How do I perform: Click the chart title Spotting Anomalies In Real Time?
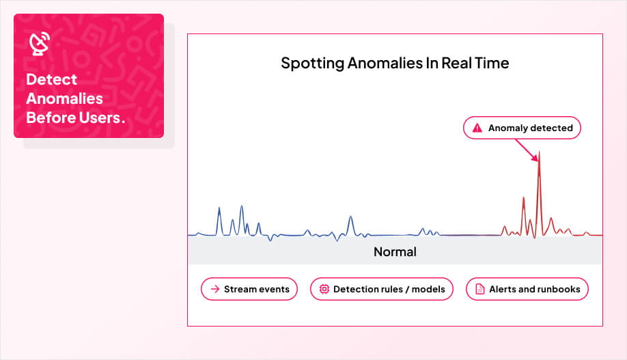[x=395, y=64]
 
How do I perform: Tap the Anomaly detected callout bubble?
[x=522, y=128]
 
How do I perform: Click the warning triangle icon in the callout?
[x=477, y=128]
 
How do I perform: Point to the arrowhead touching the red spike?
[x=536, y=158]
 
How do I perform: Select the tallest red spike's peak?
[x=539, y=152]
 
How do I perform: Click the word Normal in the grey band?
[x=395, y=252]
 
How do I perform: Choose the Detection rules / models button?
[x=382, y=289]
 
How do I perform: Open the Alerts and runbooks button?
[x=527, y=289]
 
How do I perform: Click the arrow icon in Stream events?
[x=215, y=289]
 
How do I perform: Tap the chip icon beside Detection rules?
[x=324, y=289]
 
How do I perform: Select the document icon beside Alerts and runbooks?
[x=479, y=289]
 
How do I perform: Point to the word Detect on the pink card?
[x=51, y=79]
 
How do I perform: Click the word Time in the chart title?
[x=492, y=64]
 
